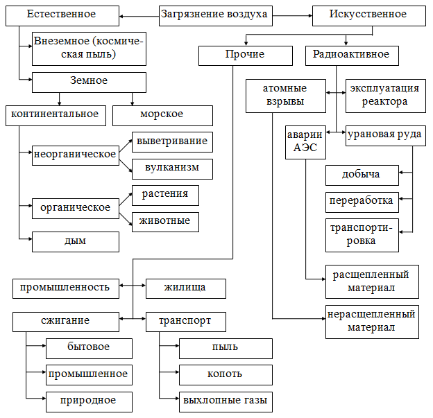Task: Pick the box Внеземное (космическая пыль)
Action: point(89,48)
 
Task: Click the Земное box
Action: point(89,82)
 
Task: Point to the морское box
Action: point(162,115)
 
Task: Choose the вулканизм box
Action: point(172,168)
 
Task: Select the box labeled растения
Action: point(165,195)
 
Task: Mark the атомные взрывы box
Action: point(285,96)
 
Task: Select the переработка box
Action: point(362,202)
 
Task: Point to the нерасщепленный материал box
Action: point(372,321)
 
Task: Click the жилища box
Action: point(185,288)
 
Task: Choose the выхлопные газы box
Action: point(225,401)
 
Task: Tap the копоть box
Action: point(225,375)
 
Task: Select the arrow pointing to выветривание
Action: point(125,148)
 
